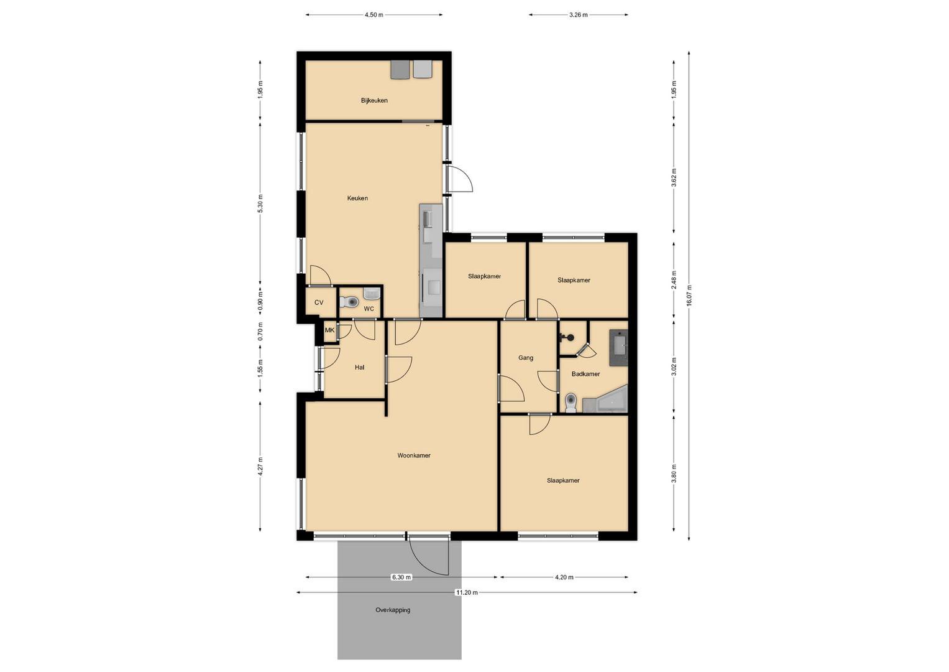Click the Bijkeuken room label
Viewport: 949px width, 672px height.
374,101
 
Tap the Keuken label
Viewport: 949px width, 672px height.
357,198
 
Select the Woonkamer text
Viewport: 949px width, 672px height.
413,455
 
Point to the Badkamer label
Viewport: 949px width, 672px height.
585,374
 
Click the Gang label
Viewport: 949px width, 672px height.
525,358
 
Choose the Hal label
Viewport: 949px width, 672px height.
359,367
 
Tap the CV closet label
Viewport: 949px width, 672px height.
319,302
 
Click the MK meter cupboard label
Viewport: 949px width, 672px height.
329,330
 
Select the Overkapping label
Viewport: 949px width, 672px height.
393,610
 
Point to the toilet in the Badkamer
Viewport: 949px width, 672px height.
571,403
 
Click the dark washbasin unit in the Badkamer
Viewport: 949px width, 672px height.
618,348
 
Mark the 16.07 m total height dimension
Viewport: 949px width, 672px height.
689,296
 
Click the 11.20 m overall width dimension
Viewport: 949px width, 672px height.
467,592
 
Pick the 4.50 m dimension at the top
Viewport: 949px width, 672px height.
374,15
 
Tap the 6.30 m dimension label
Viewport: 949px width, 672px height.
401,577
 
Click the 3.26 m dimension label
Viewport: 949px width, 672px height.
579,15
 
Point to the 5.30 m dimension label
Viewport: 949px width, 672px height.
260,203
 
